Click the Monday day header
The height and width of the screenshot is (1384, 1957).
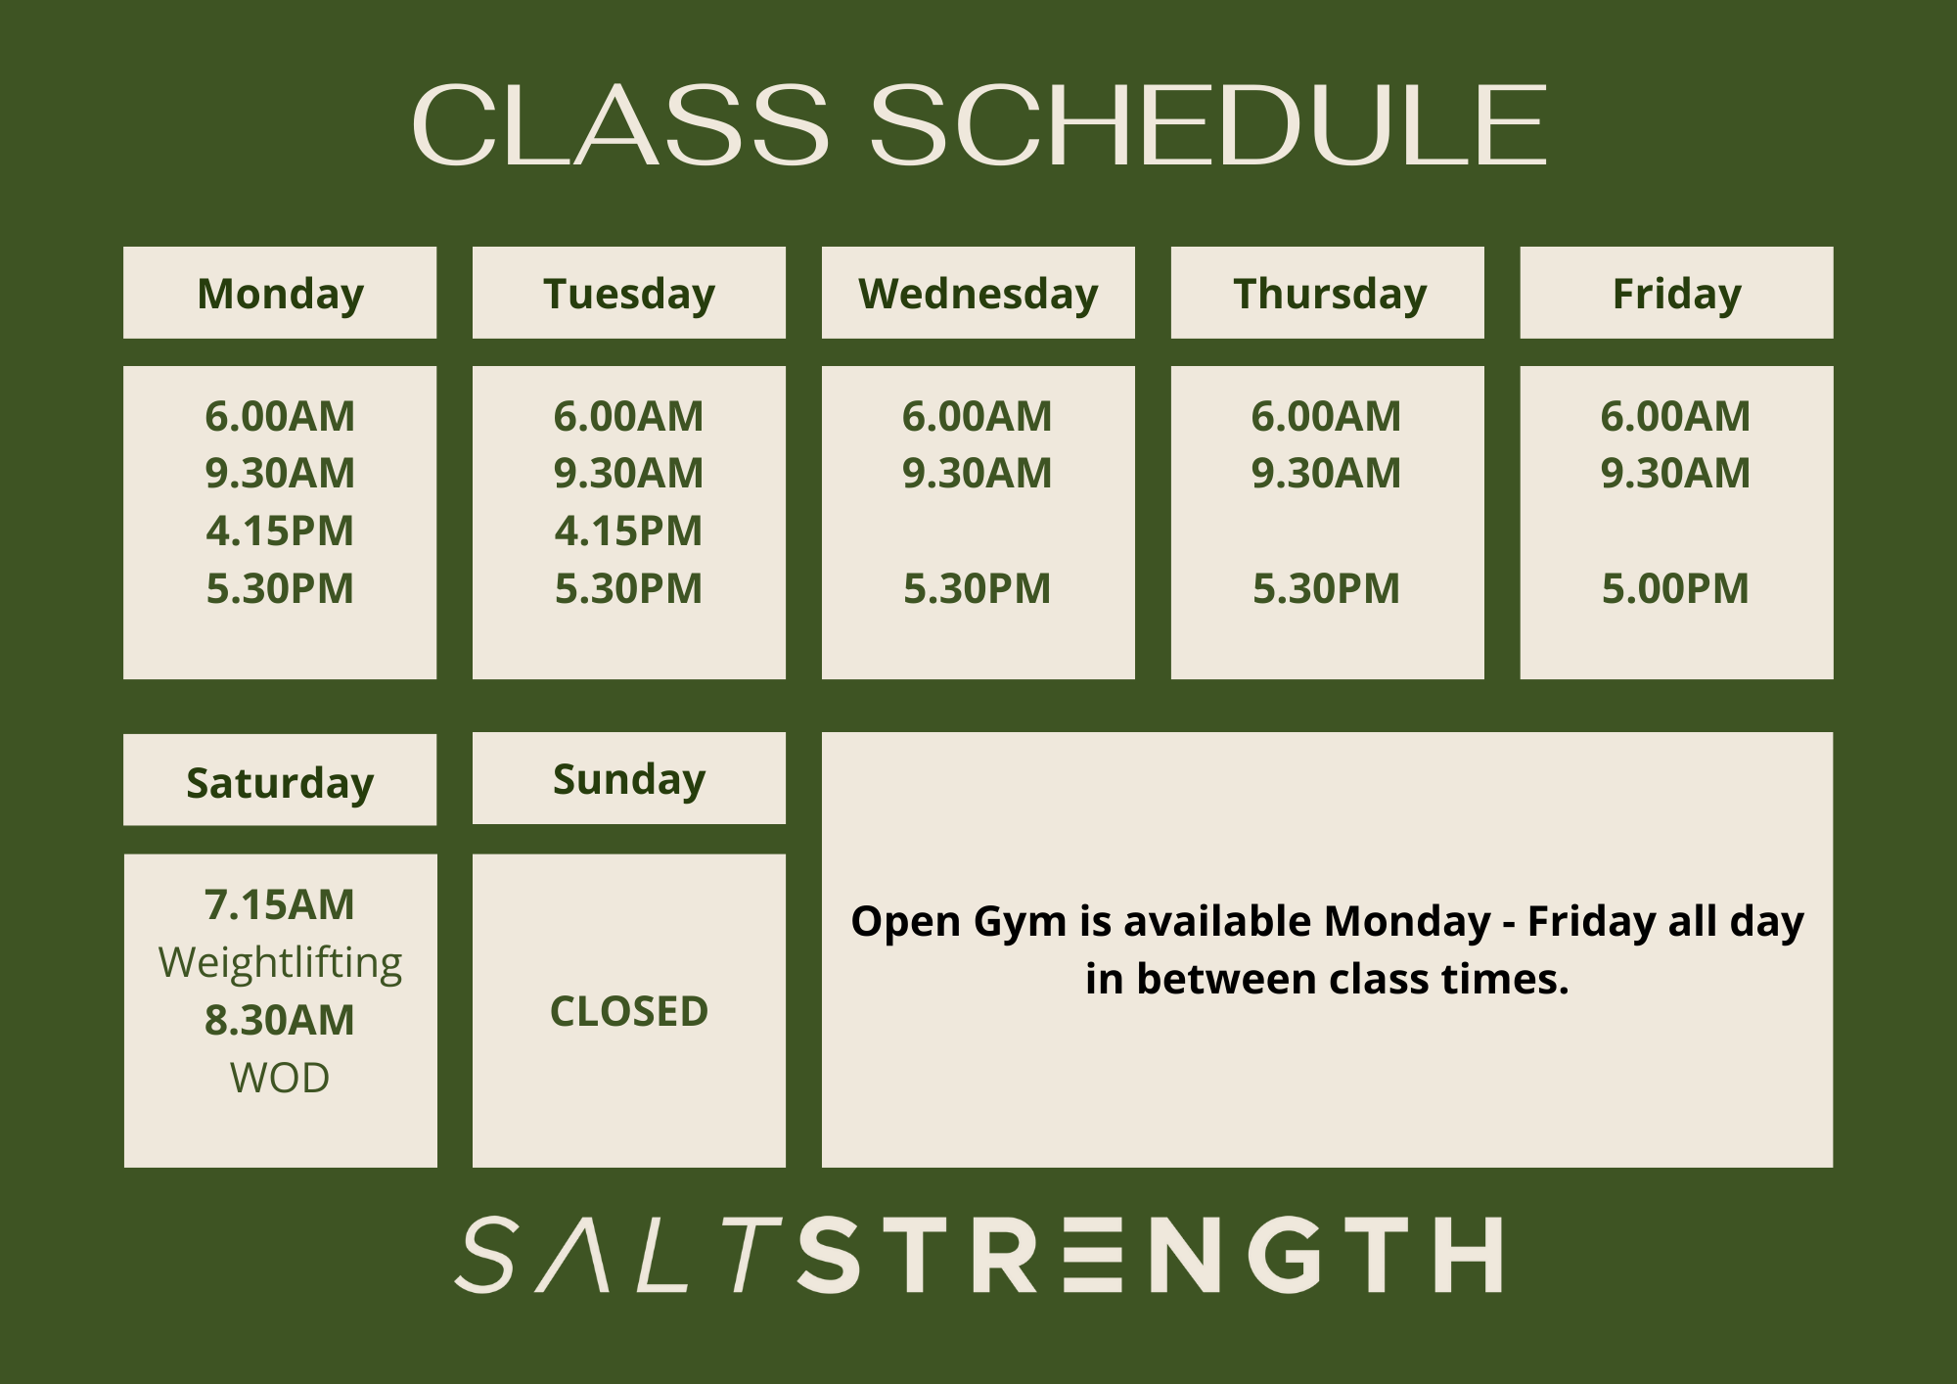point(280,294)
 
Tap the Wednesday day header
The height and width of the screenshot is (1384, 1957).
point(978,294)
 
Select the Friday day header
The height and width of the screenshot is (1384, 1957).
point(1676,294)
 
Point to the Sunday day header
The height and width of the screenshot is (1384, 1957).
point(628,779)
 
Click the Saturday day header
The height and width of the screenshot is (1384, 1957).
point(280,782)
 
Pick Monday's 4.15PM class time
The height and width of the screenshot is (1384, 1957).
point(280,531)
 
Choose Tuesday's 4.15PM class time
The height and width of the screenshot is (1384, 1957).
point(628,531)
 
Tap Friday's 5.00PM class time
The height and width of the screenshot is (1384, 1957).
point(1675,588)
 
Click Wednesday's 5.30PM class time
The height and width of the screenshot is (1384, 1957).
point(977,588)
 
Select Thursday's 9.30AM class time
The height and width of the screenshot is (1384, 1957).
point(1326,473)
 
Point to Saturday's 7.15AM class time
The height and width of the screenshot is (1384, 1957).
point(280,904)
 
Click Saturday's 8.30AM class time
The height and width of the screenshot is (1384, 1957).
point(280,1020)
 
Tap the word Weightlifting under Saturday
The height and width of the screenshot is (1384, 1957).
point(280,962)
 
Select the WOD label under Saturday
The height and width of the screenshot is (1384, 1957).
point(280,1078)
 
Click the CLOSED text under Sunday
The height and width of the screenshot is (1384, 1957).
point(629,1011)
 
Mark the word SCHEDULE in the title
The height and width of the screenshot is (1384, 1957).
point(1207,125)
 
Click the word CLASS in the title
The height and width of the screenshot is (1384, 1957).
point(620,125)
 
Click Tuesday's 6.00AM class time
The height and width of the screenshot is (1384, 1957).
point(628,416)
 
